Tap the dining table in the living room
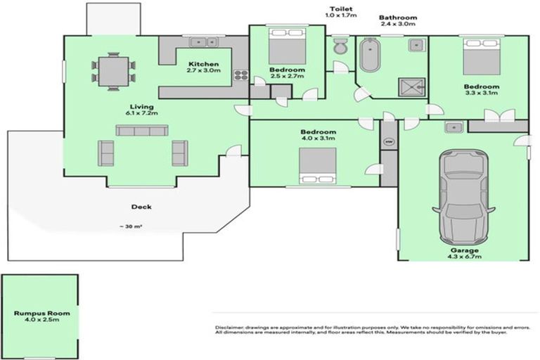pyautogui.click(x=112, y=72)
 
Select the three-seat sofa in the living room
pyautogui.click(x=142, y=131)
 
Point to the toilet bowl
pyautogui.click(x=340, y=47)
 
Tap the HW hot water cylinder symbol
pyautogui.click(x=388, y=141)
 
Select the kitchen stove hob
pyautogui.click(x=240, y=73)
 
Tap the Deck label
pyautogui.click(x=141, y=207)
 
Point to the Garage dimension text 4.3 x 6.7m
pyautogui.click(x=465, y=257)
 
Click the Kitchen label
pyautogui.click(x=204, y=63)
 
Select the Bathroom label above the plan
pyautogui.click(x=398, y=18)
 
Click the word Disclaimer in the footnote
pyautogui.click(x=231, y=328)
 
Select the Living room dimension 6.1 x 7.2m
pyautogui.click(x=141, y=112)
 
